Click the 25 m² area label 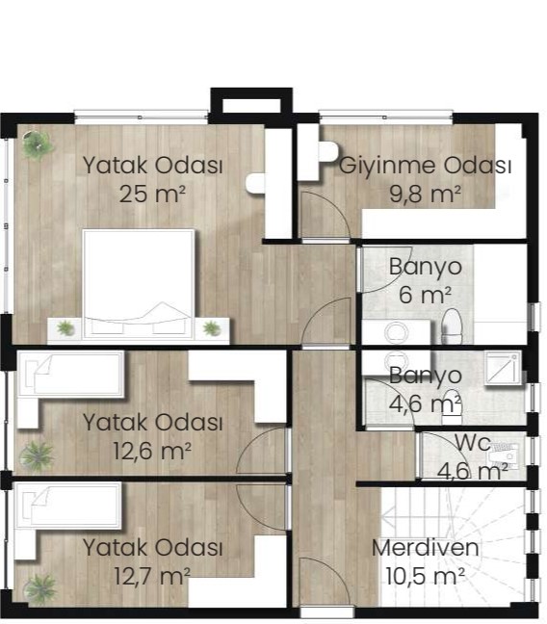click(x=152, y=195)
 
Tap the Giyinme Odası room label click(x=426, y=166)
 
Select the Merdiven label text click(x=426, y=548)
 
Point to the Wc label click(x=473, y=443)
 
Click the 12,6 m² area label click(x=152, y=451)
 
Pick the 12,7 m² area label click(x=152, y=576)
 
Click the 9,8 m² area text click(x=426, y=195)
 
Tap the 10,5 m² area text click(x=426, y=576)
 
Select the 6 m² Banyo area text click(x=426, y=295)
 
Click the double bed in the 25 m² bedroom click(x=139, y=284)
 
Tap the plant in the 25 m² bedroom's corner click(x=38, y=144)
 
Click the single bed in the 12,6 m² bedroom click(x=70, y=374)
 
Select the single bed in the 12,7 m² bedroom click(x=68, y=506)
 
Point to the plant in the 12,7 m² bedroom click(x=39, y=588)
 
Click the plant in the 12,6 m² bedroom click(x=37, y=456)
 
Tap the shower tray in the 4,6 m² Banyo click(x=503, y=368)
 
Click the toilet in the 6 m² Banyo click(x=453, y=326)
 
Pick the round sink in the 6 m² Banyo click(x=397, y=332)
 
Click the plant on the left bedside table click(x=65, y=328)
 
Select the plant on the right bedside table click(x=212, y=328)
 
